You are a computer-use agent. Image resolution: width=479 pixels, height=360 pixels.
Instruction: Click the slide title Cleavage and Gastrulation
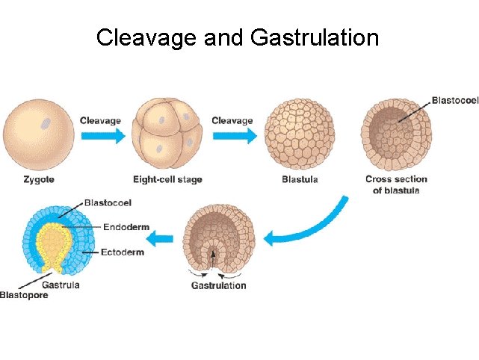[238, 37]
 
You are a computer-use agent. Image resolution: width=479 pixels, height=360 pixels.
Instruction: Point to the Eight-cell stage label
[167, 179]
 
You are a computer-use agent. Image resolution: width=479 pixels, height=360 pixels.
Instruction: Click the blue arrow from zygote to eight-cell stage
[102, 137]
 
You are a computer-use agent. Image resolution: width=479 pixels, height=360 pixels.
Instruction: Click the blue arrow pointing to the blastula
[234, 137]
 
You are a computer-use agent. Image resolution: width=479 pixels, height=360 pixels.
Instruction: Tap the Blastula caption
[300, 179]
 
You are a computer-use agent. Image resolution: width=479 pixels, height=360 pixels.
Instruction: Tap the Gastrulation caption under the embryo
[218, 285]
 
